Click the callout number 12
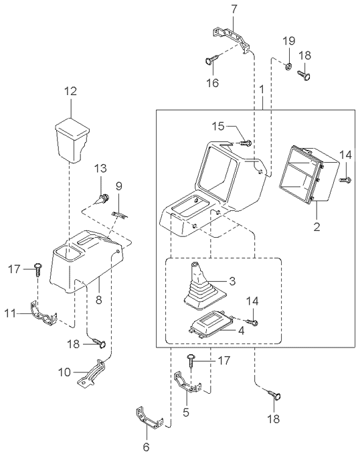pyautogui.click(x=71, y=91)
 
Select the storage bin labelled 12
pyautogui.click(x=72, y=139)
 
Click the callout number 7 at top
pyautogui.click(x=234, y=9)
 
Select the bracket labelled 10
pyautogui.click(x=90, y=373)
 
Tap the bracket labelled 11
pyautogui.click(x=43, y=314)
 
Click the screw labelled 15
pyautogui.click(x=245, y=143)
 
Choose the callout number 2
pyautogui.click(x=317, y=226)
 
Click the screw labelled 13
pyautogui.click(x=103, y=199)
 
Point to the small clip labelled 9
pyautogui.click(x=119, y=215)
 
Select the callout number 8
pyautogui.click(x=99, y=299)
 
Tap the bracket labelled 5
pyautogui.click(x=187, y=382)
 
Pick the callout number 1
pyautogui.click(x=262, y=89)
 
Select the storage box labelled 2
pyautogui.click(x=308, y=174)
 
